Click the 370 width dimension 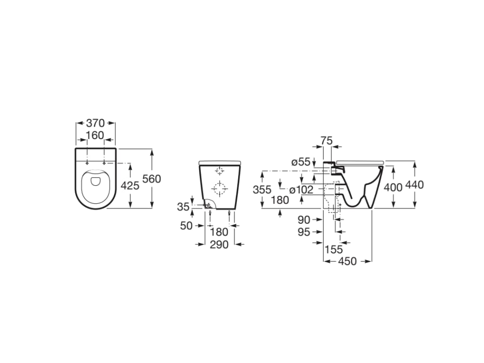coord(95,123)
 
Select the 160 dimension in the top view coord(95,135)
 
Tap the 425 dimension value coord(130,185)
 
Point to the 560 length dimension coord(152,179)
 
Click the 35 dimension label coord(183,207)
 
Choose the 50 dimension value coord(186,225)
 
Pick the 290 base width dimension coord(219,244)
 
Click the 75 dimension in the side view coord(327,141)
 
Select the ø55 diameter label coord(301,162)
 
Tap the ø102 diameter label coord(301,190)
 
